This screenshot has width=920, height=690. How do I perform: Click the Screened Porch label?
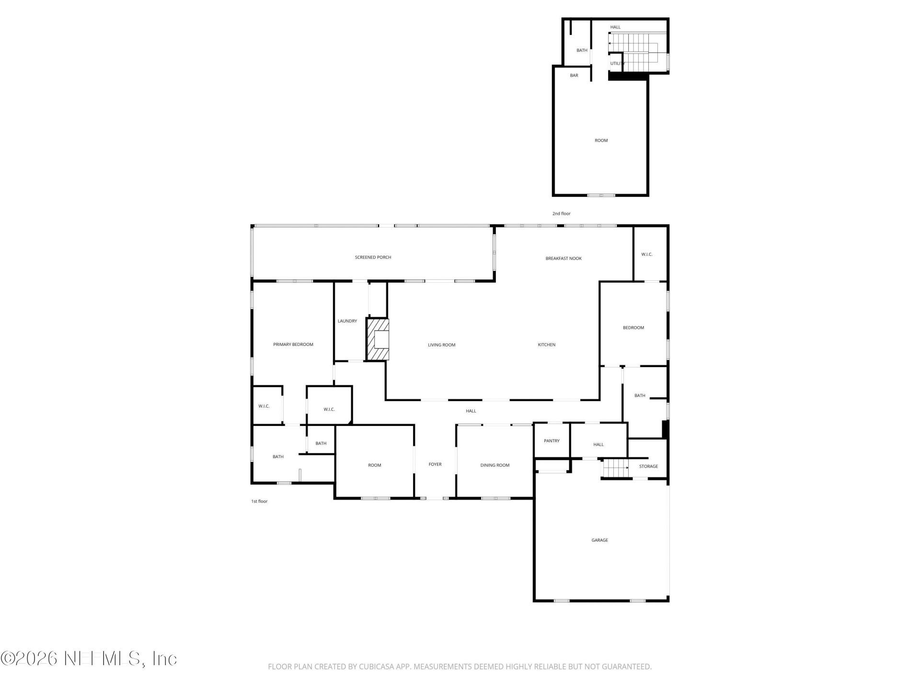(x=373, y=257)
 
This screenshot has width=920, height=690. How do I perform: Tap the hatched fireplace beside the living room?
(x=378, y=339)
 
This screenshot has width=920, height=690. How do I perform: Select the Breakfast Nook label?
(x=563, y=258)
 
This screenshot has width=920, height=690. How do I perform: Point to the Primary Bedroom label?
(x=293, y=345)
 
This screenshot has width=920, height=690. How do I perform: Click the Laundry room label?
(x=347, y=321)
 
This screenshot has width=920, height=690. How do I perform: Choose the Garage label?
(x=599, y=540)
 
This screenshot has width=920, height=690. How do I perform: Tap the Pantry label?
(x=552, y=441)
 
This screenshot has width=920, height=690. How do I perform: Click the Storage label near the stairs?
(x=648, y=466)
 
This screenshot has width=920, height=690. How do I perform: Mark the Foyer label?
(x=435, y=464)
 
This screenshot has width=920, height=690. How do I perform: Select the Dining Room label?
(x=494, y=465)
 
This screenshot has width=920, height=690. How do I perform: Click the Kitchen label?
(x=546, y=345)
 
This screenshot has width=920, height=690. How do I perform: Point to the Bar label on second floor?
(x=574, y=75)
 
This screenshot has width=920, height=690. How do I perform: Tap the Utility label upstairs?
(x=617, y=63)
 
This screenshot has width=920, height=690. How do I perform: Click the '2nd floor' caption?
(x=561, y=214)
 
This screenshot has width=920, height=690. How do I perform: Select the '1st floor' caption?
(x=259, y=501)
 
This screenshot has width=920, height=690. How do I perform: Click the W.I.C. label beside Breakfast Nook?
(x=646, y=254)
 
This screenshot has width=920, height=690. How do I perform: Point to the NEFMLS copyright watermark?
(x=89, y=658)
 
